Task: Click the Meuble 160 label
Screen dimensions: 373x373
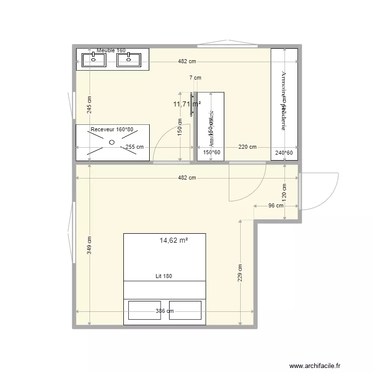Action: click(111, 50)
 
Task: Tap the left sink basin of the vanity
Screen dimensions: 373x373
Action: click(93, 60)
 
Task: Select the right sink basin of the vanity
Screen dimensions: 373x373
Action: click(129, 60)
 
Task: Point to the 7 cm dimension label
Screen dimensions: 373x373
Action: click(195, 78)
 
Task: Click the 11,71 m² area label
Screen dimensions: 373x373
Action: click(186, 104)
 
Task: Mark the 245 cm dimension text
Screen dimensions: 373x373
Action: click(89, 105)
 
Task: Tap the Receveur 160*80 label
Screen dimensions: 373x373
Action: click(112, 129)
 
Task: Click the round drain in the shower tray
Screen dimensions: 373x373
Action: click(112, 142)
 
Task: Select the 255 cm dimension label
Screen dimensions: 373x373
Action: click(134, 147)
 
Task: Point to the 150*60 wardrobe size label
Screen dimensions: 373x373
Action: click(211, 153)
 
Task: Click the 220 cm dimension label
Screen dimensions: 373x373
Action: click(248, 147)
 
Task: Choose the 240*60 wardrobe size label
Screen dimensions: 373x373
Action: click(284, 153)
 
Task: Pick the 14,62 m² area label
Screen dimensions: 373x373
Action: click(174, 240)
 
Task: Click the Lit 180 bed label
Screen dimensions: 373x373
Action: click(164, 277)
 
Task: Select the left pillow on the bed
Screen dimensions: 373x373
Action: click(145, 310)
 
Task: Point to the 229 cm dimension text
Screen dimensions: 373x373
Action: click(240, 274)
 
